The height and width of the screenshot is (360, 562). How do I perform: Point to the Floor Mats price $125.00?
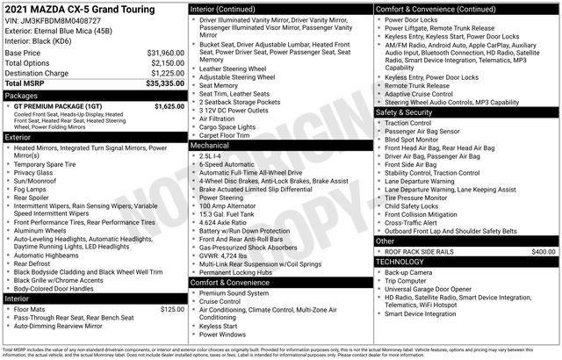(171, 308)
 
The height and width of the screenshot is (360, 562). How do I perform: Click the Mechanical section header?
(213, 145)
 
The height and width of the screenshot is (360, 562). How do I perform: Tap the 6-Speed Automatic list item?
(226, 163)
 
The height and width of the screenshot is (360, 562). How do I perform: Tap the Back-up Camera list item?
(409, 273)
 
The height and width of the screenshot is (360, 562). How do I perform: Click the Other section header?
(385, 241)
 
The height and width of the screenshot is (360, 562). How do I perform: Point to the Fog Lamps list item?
(31, 189)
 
